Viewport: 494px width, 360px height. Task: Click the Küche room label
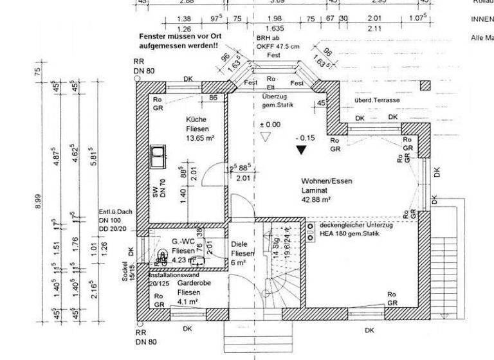(196, 120)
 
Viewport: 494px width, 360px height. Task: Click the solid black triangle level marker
(301, 150)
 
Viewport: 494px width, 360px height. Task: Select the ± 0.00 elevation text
(270, 125)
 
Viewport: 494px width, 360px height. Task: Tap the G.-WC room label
(183, 242)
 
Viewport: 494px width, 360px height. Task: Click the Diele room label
(239, 244)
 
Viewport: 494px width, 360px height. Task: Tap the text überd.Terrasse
(376, 101)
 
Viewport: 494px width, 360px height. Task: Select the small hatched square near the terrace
(425, 85)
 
